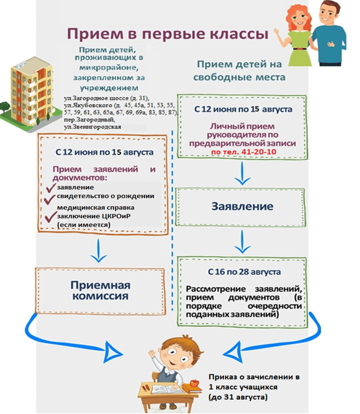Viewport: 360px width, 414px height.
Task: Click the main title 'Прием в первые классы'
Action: (x=168, y=34)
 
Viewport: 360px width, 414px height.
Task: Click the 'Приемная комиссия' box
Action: (x=100, y=291)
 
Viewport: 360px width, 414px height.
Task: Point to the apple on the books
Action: (x=195, y=383)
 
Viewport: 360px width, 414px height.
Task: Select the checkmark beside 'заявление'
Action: (x=51, y=188)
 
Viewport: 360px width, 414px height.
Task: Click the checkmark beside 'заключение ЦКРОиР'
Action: (x=51, y=217)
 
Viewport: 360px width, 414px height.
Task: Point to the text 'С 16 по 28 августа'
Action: (x=244, y=272)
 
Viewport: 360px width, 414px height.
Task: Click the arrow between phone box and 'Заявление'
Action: (x=242, y=173)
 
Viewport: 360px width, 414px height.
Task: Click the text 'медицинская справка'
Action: (x=95, y=207)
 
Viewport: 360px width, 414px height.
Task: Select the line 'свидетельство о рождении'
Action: (x=105, y=196)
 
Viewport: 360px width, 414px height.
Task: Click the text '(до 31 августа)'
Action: (x=238, y=397)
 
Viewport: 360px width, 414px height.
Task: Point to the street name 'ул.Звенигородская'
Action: (x=92, y=127)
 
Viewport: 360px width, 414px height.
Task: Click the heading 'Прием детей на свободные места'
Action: (x=239, y=71)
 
